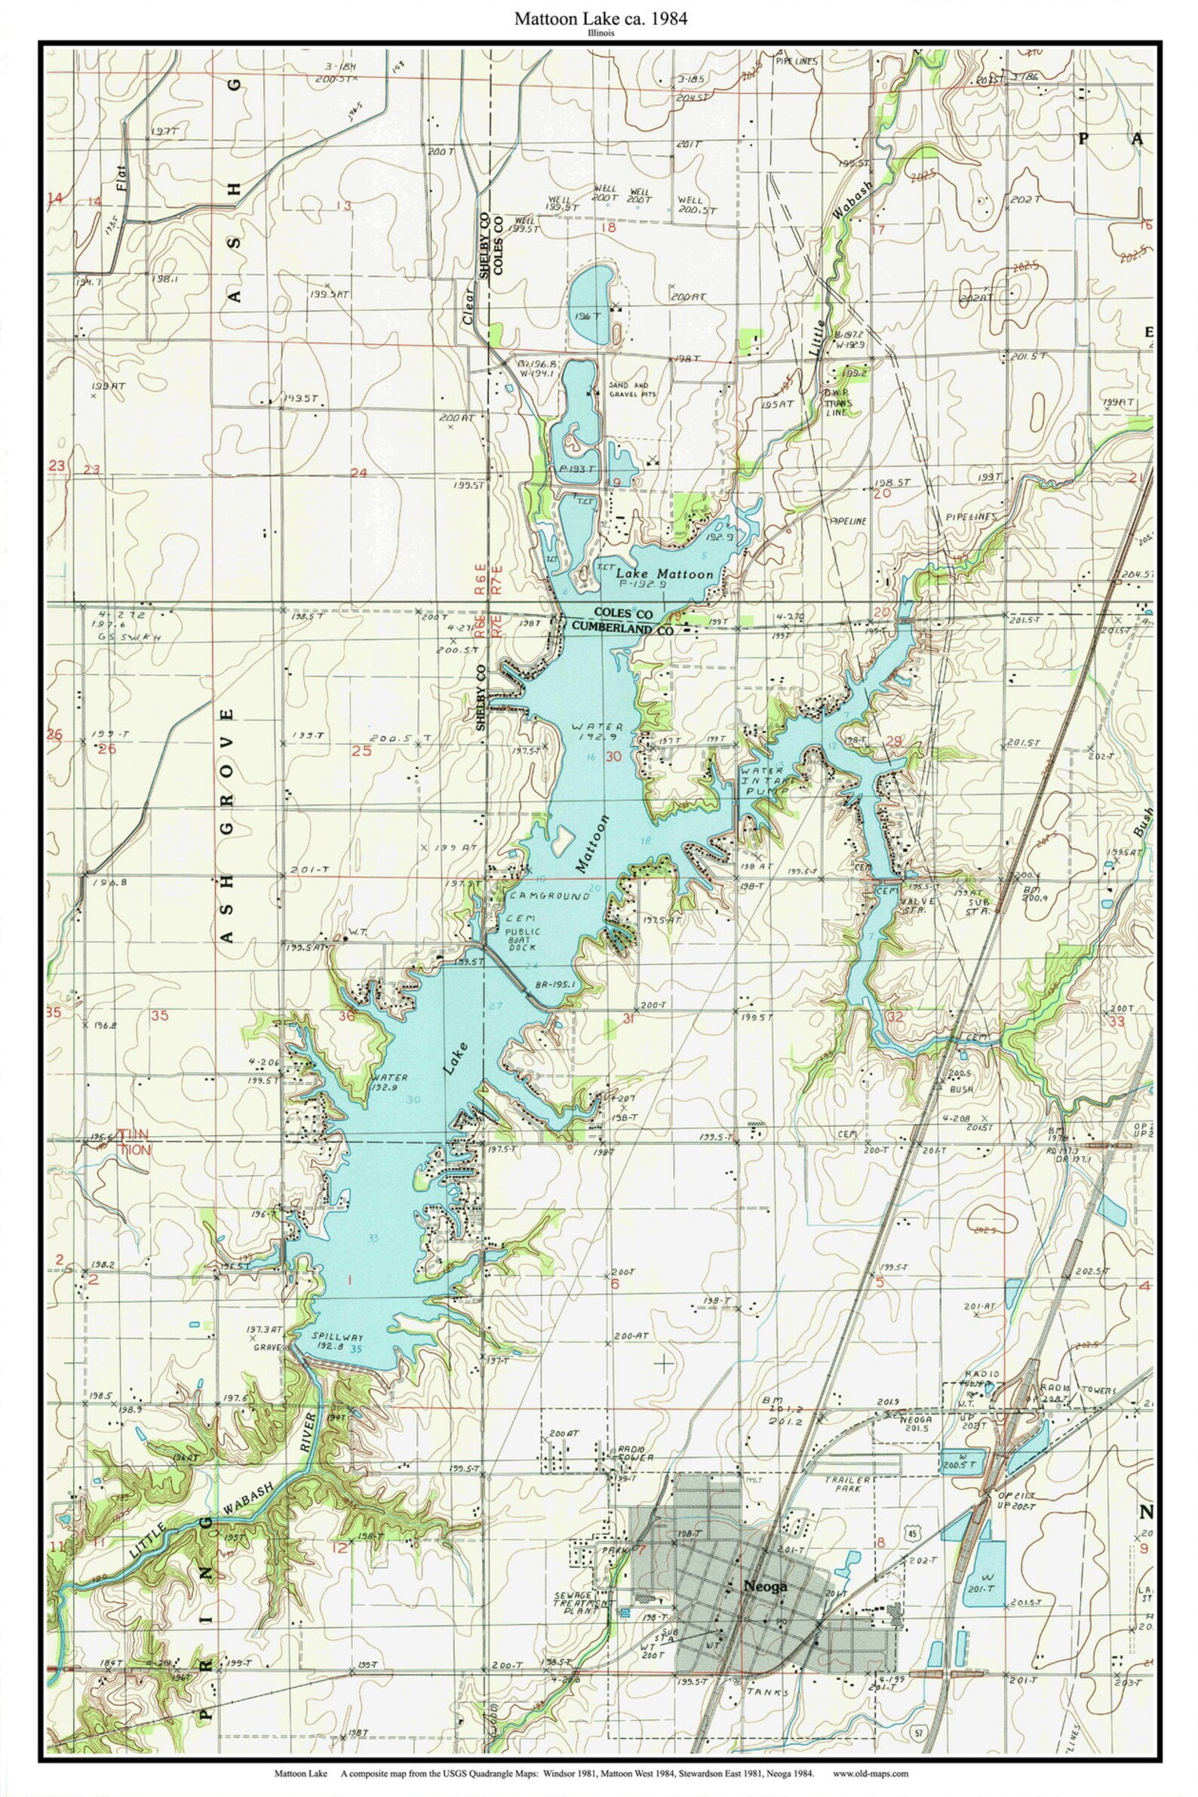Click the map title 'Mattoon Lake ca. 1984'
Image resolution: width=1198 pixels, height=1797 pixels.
(599, 19)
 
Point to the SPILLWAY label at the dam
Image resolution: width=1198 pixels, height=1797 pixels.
(337, 1336)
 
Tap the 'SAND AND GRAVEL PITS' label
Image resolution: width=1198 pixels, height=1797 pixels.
(633, 389)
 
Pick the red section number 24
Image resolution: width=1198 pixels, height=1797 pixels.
(358, 473)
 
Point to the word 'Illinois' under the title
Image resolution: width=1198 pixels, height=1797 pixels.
(599, 34)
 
